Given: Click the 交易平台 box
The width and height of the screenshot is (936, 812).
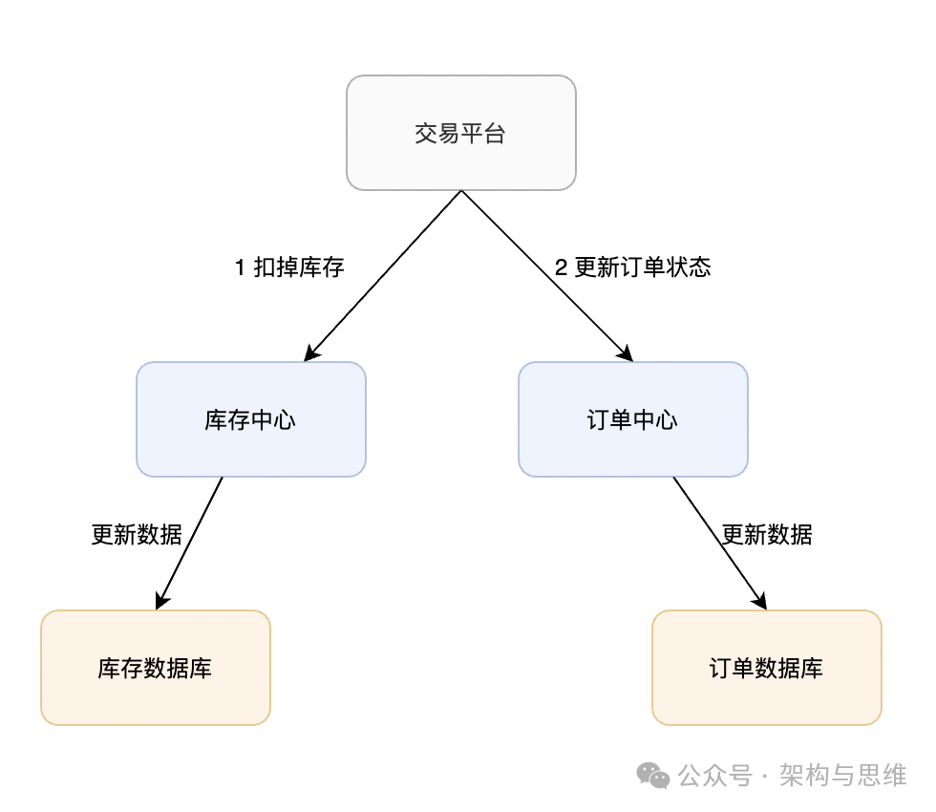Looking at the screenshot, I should pos(460,133).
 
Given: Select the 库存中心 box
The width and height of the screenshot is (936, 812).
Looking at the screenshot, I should pos(250,419).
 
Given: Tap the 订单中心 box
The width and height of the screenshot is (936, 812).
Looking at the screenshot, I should pos(632,419).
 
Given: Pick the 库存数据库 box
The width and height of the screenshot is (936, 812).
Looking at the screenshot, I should pos(155,668).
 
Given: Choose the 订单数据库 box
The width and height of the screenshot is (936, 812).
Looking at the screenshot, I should pos(766,668).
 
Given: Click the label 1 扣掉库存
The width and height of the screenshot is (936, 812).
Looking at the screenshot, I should pos(288,267).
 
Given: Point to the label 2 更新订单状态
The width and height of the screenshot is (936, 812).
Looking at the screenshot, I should pos(632,267).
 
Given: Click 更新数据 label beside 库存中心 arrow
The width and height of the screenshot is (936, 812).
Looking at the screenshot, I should pos(137,535).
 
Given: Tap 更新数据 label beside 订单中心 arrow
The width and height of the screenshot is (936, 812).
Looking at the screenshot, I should pos(766,535).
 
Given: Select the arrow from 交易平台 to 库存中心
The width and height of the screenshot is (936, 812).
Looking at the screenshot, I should pos(382,276).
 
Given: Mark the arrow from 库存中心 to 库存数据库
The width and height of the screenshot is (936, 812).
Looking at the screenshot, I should pos(189,543).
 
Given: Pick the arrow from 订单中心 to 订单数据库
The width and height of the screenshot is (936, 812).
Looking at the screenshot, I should pos(719,543).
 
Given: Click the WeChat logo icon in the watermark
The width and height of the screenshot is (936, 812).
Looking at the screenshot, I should pos(654,775).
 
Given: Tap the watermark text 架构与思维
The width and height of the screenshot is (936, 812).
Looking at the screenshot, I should pos(842,775).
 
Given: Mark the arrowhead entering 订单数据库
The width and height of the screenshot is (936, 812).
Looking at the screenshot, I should pos(761,602).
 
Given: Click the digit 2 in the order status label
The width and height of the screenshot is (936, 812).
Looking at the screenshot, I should pos(562,267).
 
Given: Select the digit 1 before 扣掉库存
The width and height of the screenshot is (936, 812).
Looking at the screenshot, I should pos(240,267).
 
